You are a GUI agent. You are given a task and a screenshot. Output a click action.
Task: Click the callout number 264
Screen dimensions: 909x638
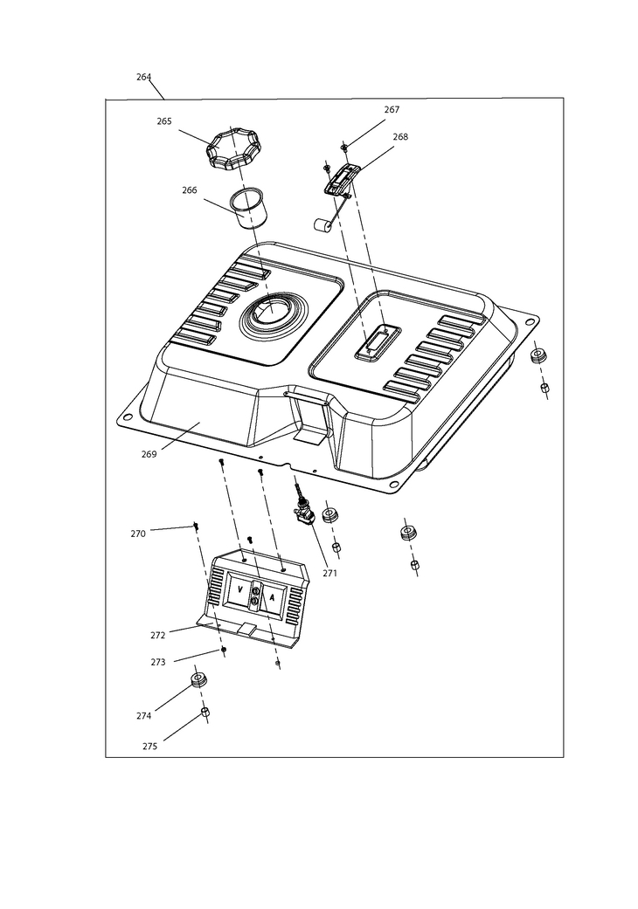(x=143, y=77)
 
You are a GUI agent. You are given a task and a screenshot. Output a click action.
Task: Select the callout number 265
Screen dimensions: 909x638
(x=164, y=121)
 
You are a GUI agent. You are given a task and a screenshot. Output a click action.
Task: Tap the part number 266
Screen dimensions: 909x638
(x=190, y=190)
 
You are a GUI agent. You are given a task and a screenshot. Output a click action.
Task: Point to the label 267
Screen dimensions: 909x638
(x=392, y=110)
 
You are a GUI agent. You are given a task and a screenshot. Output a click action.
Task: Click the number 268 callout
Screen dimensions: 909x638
(x=400, y=137)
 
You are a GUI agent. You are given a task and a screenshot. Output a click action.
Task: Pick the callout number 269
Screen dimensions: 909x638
(x=149, y=455)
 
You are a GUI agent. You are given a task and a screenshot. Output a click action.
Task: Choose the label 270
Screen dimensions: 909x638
(x=138, y=534)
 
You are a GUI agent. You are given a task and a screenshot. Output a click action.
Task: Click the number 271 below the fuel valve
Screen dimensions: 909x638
(x=329, y=574)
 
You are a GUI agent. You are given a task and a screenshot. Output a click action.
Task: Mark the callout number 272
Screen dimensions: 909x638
(x=157, y=636)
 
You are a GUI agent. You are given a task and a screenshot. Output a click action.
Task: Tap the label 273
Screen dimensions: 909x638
(x=157, y=663)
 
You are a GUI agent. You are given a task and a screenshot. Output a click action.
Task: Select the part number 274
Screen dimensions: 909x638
(x=143, y=716)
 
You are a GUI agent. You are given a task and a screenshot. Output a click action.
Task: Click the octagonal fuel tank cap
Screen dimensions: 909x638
(x=232, y=150)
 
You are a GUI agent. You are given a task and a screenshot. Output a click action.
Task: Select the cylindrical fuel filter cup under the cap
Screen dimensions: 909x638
(x=247, y=207)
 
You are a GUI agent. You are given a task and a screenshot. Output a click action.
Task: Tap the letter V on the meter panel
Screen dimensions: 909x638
(x=238, y=590)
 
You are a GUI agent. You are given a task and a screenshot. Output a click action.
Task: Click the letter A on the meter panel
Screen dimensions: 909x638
(x=272, y=598)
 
